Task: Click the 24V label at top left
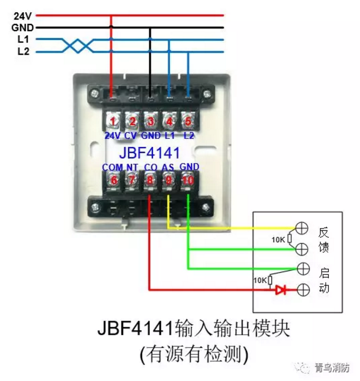click(x=22, y=16)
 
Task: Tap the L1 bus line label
click(x=23, y=40)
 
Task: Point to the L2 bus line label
click(x=23, y=52)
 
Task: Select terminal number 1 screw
click(x=113, y=121)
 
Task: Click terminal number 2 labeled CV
click(x=132, y=121)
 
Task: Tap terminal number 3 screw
click(x=150, y=121)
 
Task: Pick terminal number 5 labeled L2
click(x=188, y=121)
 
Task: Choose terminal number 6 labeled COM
click(x=113, y=180)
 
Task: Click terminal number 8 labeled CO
click(x=150, y=180)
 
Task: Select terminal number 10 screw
click(x=188, y=180)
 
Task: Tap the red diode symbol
click(x=280, y=290)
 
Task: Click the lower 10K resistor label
click(x=260, y=279)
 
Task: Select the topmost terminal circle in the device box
click(x=302, y=228)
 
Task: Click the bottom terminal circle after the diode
click(x=302, y=290)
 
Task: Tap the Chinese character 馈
click(x=324, y=248)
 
